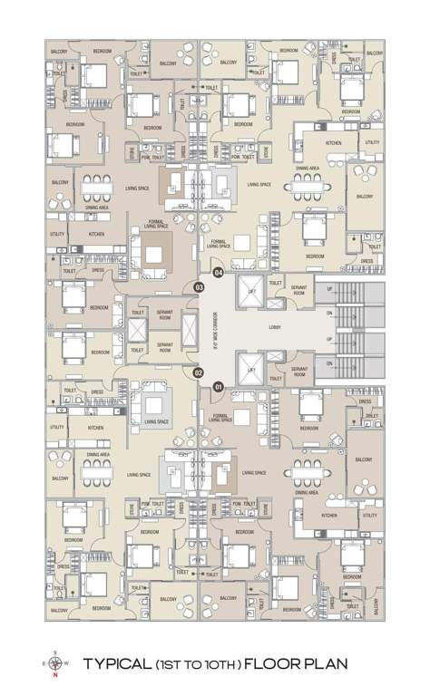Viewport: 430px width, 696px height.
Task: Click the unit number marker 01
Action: pos(218,387)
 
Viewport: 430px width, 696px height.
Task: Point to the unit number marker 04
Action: pos(218,272)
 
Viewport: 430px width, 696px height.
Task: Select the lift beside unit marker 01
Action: pos(249,368)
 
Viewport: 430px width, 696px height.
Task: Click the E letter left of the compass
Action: pos(45,665)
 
